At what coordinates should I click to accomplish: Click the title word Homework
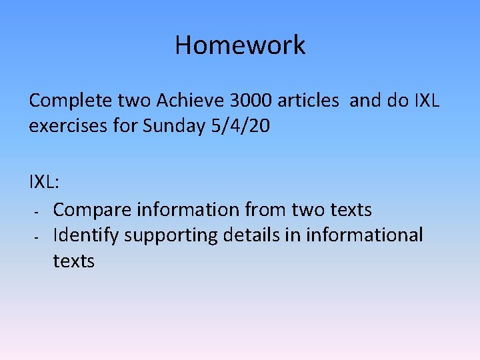pos(240,45)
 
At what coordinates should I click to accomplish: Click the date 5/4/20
pos(241,126)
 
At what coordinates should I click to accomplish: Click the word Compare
pos(92,209)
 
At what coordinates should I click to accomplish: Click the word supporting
pos(175,236)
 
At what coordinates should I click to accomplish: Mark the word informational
pos(364,235)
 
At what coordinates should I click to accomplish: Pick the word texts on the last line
pos(73,261)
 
